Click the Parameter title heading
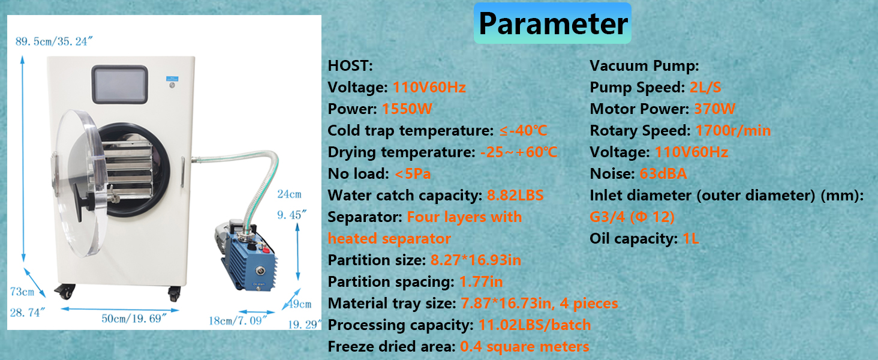[553, 23]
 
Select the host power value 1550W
[407, 109]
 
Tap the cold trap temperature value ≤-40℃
[524, 131]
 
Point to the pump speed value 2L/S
[705, 88]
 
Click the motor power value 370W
[714, 109]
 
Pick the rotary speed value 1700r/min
[733, 131]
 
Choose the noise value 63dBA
[663, 174]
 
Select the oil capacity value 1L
[691, 238]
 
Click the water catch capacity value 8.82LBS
[515, 195]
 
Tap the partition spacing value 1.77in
[481, 281]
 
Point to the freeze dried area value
[524, 347]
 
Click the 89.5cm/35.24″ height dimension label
[54, 41]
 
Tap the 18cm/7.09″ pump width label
[238, 321]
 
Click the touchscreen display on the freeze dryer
[120, 85]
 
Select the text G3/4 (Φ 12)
[632, 217]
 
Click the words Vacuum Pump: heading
[644, 66]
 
